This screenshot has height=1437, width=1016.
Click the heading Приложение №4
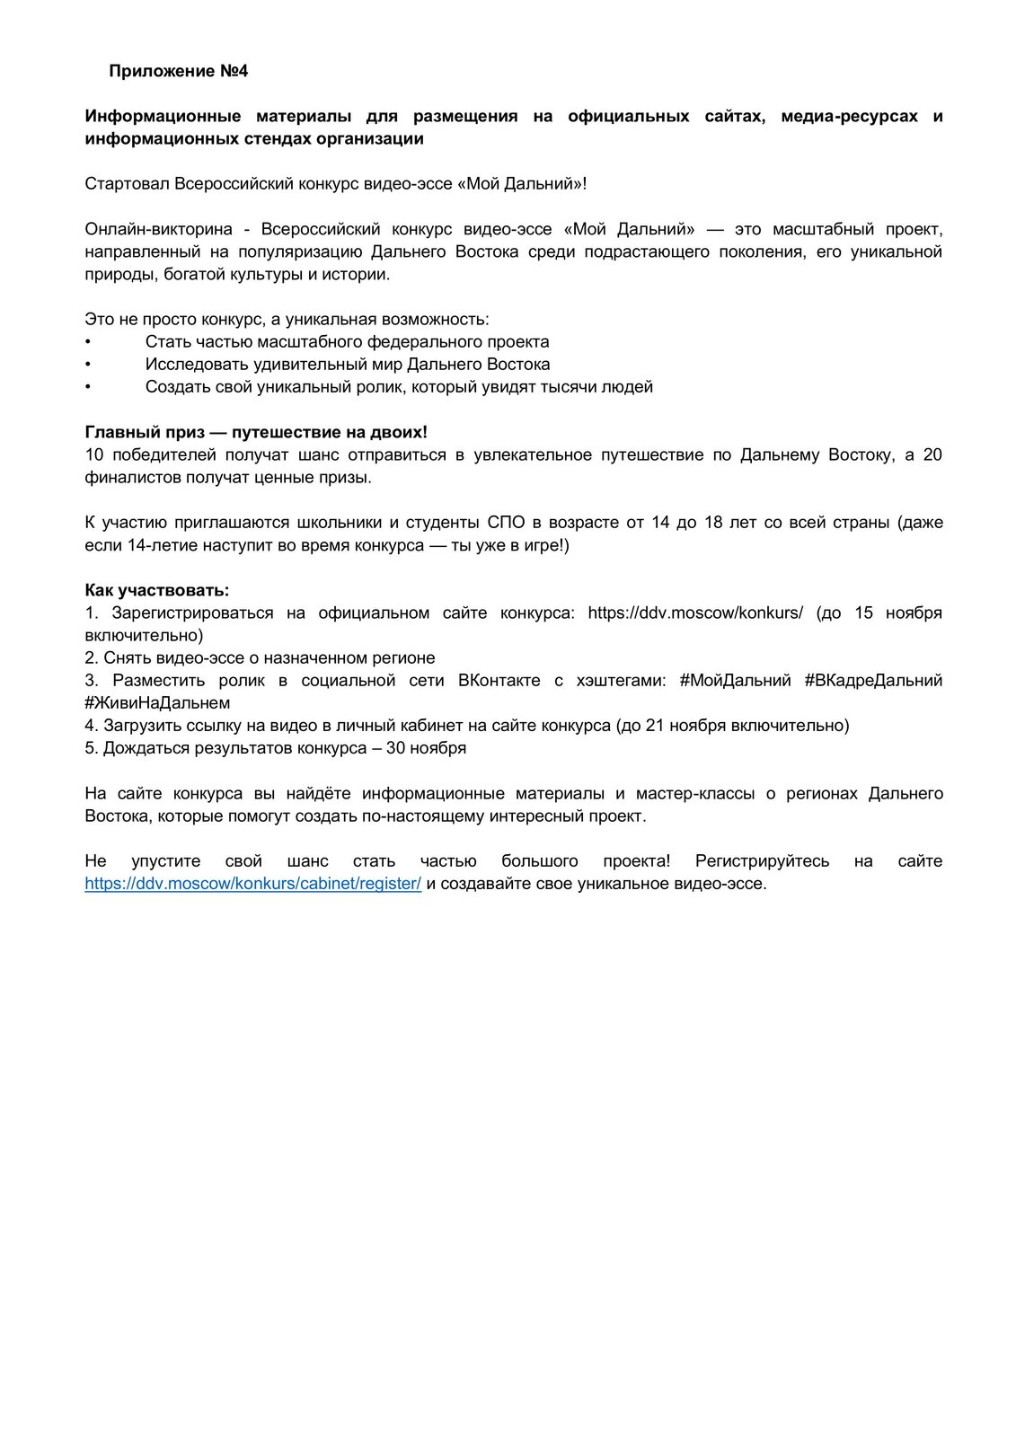(x=178, y=72)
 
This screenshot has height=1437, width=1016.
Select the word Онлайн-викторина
(x=158, y=229)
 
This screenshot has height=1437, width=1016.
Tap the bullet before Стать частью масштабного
(x=88, y=342)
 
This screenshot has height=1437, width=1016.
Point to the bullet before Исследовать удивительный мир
(x=88, y=365)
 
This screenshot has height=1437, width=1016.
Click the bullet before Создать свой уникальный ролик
(x=88, y=387)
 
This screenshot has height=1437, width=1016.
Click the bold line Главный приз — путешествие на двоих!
(x=255, y=432)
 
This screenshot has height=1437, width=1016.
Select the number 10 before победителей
(x=94, y=454)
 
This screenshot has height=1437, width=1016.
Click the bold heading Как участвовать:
(x=157, y=590)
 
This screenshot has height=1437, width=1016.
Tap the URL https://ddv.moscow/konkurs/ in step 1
(x=695, y=613)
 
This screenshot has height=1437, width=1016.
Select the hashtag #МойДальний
(x=735, y=680)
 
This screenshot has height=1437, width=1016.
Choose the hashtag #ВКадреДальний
(x=873, y=680)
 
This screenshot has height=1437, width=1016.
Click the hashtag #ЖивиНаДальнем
(x=157, y=702)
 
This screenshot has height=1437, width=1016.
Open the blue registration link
(x=252, y=883)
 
